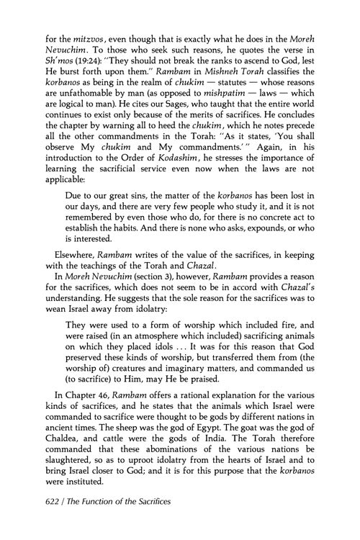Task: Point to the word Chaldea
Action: [58, 477]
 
